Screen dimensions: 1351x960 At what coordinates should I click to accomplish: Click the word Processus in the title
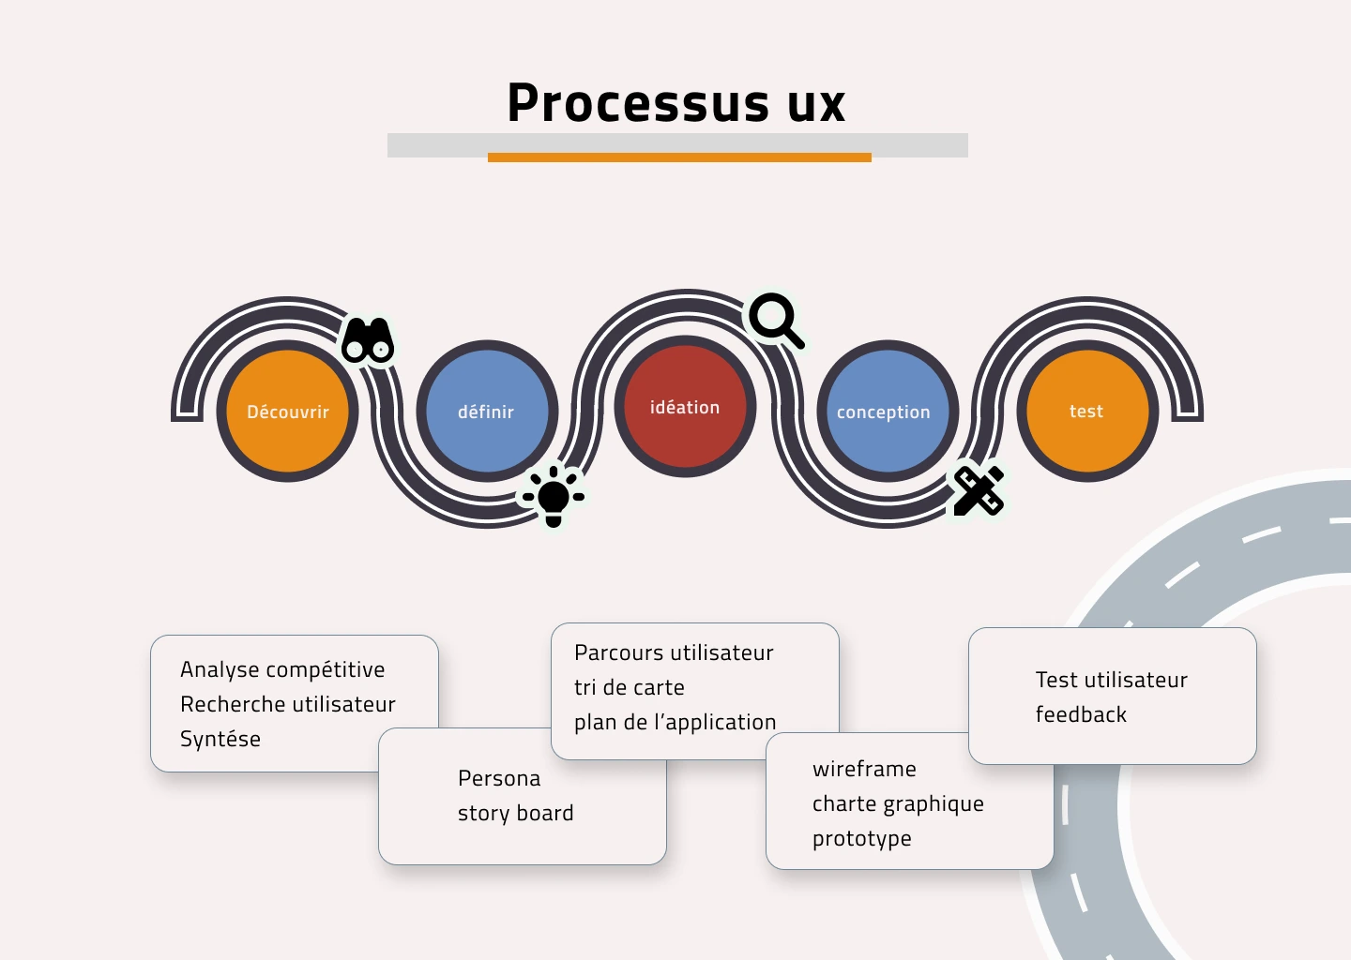click(x=638, y=102)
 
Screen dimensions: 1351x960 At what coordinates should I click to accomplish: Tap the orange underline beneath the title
click(x=679, y=157)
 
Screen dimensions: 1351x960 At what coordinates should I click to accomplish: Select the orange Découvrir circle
click(x=287, y=411)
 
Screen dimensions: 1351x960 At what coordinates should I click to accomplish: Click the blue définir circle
click(x=487, y=411)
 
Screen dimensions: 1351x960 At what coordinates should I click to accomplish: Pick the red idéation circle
click(x=685, y=406)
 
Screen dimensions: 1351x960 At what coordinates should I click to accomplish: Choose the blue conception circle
click(x=888, y=411)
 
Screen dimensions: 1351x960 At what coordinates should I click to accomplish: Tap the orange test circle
click(x=1086, y=411)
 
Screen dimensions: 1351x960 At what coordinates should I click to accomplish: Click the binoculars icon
click(x=368, y=340)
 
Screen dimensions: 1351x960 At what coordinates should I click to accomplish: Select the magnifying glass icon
click(x=777, y=322)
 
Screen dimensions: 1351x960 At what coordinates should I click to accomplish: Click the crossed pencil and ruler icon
click(x=979, y=490)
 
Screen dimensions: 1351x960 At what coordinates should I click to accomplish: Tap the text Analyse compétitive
click(x=282, y=669)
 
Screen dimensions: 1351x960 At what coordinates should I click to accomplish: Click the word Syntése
click(x=220, y=739)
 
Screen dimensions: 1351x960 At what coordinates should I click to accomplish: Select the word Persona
click(x=499, y=778)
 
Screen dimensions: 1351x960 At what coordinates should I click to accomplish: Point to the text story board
click(x=516, y=813)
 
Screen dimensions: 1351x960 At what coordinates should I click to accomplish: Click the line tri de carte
click(x=629, y=687)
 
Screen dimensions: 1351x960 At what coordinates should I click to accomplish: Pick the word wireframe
click(x=864, y=769)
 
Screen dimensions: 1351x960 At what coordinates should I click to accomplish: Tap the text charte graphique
click(x=898, y=804)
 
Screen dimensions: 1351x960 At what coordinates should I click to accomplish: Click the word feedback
click(x=1081, y=714)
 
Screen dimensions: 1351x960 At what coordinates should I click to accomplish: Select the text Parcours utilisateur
click(x=674, y=652)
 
